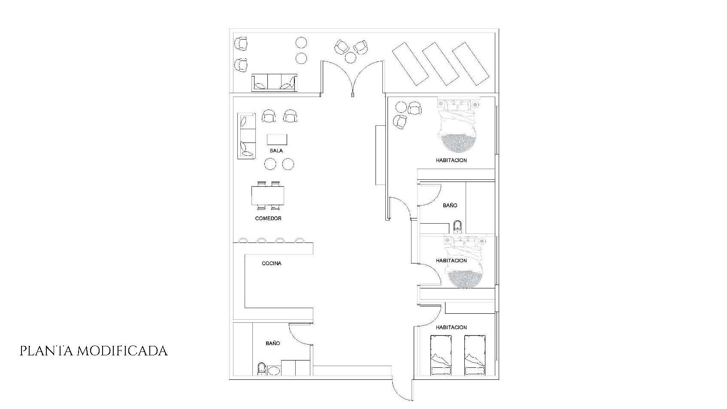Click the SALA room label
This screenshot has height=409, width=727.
click(276, 151)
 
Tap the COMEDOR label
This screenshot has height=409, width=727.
click(268, 218)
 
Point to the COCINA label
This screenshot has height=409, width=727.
click(272, 263)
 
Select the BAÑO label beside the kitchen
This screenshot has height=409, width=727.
click(273, 343)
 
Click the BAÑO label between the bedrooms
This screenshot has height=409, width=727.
click(450, 205)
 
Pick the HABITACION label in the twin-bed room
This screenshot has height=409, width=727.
click(451, 327)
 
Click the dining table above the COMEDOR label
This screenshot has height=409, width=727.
click(268, 195)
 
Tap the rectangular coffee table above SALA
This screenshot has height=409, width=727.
click(277, 139)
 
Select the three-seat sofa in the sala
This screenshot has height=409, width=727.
click(246, 136)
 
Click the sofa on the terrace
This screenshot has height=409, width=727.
click(274, 82)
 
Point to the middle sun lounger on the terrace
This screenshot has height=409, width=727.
click(440, 64)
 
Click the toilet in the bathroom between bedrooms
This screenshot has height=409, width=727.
click(457, 227)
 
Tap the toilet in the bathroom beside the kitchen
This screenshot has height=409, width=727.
click(261, 369)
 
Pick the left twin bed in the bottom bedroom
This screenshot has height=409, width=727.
click(441, 355)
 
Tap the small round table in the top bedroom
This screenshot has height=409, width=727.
click(401, 107)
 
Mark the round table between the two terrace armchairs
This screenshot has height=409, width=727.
click(351, 58)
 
